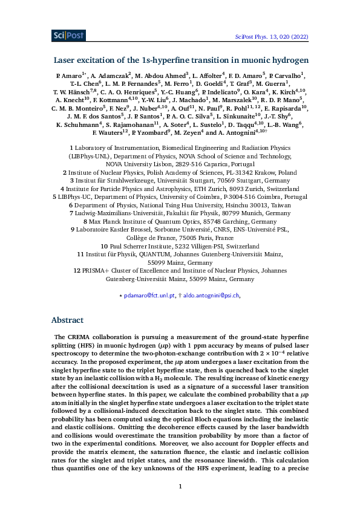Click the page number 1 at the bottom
coord(180,486)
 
